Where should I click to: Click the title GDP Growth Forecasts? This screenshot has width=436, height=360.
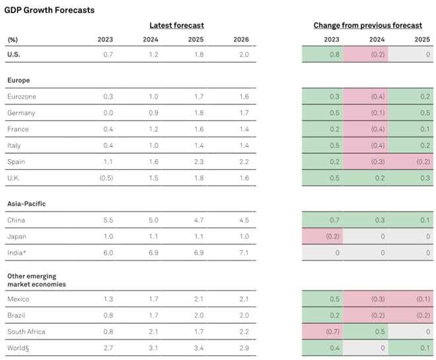click(x=50, y=10)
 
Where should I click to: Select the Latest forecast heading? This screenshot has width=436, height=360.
click(x=176, y=25)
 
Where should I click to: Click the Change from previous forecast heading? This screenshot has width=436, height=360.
click(x=367, y=25)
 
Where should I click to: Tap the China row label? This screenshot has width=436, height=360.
click(x=16, y=220)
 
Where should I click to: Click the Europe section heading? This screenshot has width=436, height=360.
click(x=18, y=80)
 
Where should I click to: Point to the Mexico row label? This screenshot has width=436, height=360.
click(x=18, y=299)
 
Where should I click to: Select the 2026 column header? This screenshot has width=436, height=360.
click(x=241, y=40)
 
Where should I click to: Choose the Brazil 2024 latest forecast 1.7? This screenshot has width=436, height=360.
click(x=153, y=316)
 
